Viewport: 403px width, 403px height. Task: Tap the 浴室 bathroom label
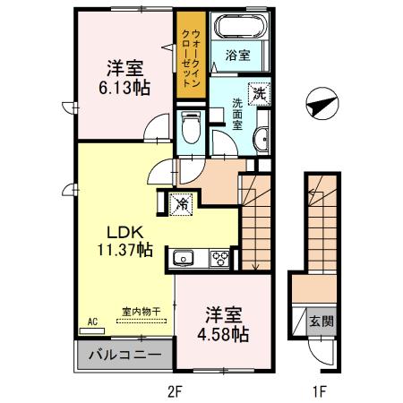point(237,54)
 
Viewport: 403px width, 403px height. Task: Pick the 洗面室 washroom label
point(236,114)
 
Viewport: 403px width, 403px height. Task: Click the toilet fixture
point(190,129)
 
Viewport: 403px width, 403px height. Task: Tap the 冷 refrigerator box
point(182,203)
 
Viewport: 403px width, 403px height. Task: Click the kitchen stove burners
point(219,259)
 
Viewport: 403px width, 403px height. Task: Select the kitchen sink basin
point(184,259)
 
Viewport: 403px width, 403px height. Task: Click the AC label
point(92,320)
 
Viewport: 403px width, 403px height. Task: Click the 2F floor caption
point(175,390)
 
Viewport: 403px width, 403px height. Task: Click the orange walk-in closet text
point(190,54)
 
